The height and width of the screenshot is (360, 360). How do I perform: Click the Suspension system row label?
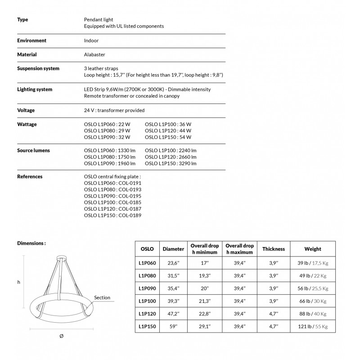[x=38, y=68]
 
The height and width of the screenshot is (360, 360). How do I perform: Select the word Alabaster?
[x=94, y=54]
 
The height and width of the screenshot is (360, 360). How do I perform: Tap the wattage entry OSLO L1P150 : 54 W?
[x=168, y=137]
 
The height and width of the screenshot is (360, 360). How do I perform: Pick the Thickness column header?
[x=274, y=249]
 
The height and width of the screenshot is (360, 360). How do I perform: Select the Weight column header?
[x=313, y=249]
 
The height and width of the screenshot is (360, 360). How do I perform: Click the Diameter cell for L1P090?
[x=173, y=288]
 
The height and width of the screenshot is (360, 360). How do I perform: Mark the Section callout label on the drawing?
[x=102, y=298]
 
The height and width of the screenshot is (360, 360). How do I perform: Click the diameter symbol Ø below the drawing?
[x=61, y=337]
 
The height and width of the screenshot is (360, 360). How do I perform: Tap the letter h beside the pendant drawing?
[x=19, y=282]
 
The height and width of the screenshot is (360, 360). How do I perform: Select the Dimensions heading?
[x=31, y=243]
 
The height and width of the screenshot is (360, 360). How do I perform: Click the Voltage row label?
[x=26, y=110]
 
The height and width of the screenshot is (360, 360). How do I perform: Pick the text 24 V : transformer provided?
[x=114, y=110]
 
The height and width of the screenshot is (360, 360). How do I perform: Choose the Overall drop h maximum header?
[x=239, y=249]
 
